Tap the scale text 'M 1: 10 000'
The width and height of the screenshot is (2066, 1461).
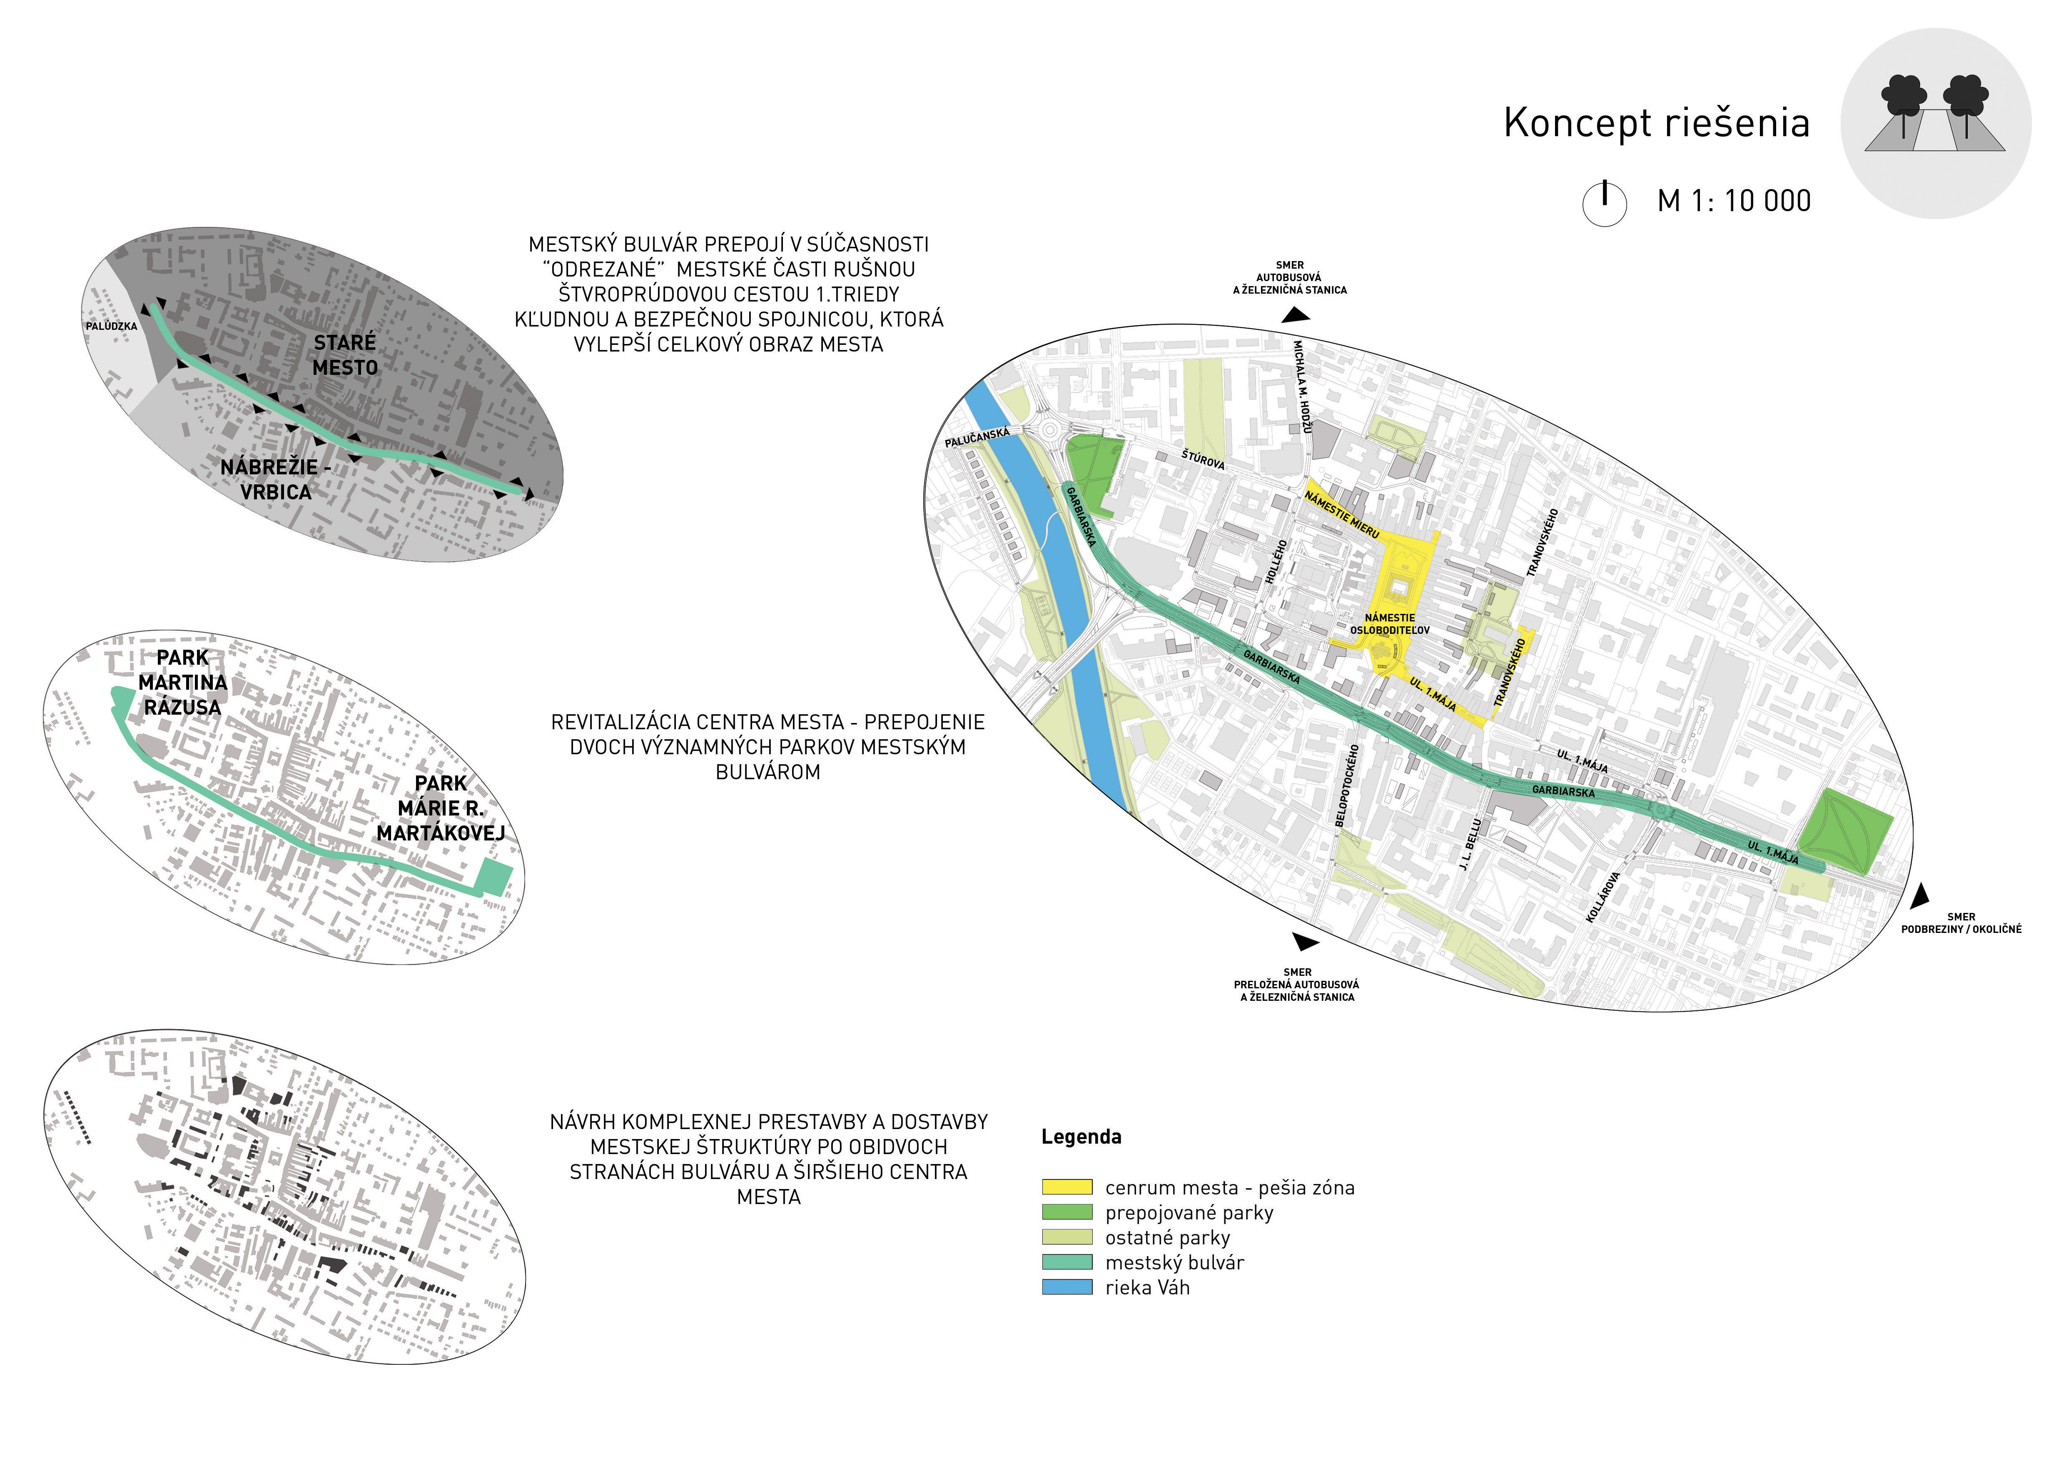1734,201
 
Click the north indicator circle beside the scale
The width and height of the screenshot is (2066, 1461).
1605,203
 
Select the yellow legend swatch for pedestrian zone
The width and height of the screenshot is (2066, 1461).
1067,1187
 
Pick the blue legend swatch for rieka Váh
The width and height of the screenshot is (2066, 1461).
1067,1287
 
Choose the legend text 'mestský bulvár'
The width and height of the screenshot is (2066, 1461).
1174,1262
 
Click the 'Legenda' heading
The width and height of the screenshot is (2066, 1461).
1082,1136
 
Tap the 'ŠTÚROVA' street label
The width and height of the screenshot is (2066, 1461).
1203,460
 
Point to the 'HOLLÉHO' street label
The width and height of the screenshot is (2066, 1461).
1276,561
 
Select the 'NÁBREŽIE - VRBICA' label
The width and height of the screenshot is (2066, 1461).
275,479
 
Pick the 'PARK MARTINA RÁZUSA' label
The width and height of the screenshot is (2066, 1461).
183,682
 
